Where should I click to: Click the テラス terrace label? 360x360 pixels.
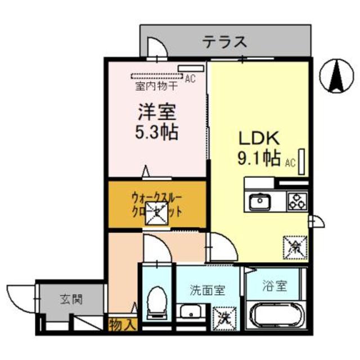click(x=225, y=41)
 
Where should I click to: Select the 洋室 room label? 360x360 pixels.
click(x=157, y=112)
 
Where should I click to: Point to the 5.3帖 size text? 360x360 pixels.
click(x=157, y=133)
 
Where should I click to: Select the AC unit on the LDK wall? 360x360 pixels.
click(x=303, y=161)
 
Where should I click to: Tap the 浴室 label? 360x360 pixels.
click(x=274, y=285)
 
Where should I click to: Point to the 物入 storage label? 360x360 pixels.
click(x=121, y=324)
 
